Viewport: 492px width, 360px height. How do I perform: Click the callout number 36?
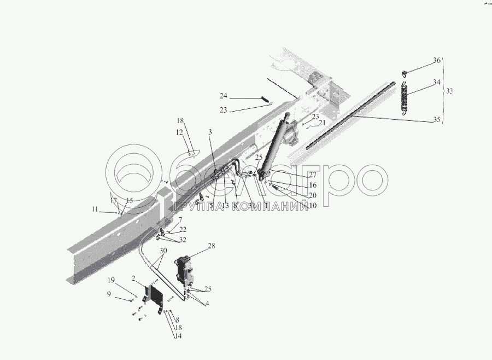click(437, 61)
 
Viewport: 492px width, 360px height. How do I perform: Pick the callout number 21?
click(323, 123)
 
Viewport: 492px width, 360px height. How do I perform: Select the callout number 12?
click(179, 132)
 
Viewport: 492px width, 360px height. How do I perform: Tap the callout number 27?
click(312, 175)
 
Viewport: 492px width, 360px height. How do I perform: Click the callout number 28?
click(212, 247)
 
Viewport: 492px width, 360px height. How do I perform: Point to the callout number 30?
click(163, 251)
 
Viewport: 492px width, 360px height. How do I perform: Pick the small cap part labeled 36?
click(404, 72)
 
